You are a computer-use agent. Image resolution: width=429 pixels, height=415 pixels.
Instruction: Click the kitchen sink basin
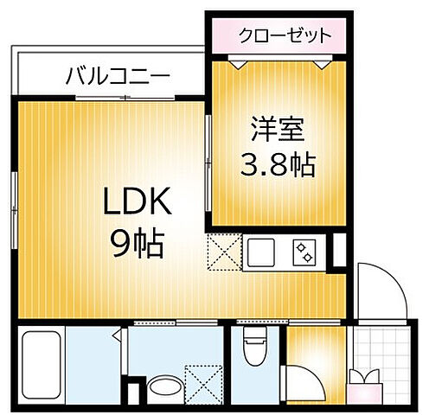click(x=262, y=253)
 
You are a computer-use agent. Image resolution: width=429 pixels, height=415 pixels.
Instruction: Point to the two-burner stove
click(x=304, y=253)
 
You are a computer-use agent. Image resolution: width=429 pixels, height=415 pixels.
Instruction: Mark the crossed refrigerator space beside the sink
click(x=223, y=253)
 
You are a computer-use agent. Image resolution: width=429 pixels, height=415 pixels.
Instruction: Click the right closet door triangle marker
click(x=322, y=61)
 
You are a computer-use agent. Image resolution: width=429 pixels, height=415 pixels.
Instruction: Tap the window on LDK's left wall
click(x=14, y=199)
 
